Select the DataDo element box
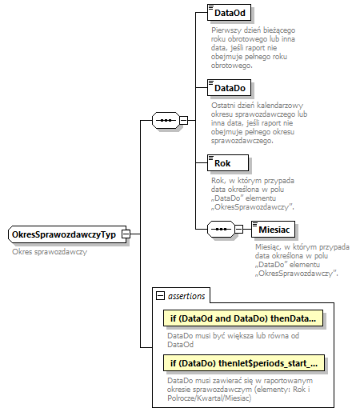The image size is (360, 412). pyautogui.click(x=227, y=87)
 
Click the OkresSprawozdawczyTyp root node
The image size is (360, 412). pyautogui.click(x=62, y=234)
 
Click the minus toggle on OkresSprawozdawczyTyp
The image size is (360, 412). pyautogui.click(x=126, y=234)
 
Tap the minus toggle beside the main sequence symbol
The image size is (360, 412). pyautogui.click(x=183, y=121)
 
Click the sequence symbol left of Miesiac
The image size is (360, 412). pyautogui.click(x=219, y=229)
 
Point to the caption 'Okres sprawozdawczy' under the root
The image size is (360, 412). pyautogui.click(x=50, y=251)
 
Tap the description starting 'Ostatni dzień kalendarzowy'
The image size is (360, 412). pyautogui.click(x=248, y=122)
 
